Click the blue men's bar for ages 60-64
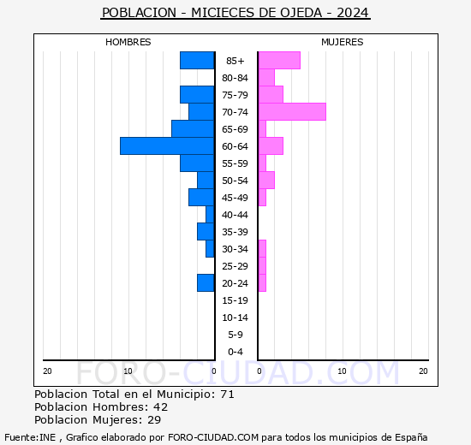pyautogui.click(x=167, y=146)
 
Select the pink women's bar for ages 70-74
pyautogui.click(x=292, y=112)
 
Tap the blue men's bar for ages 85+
pyautogui.click(x=197, y=61)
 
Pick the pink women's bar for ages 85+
pyautogui.click(x=279, y=61)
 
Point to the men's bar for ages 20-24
pyautogui.click(x=206, y=283)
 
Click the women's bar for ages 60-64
pyautogui.click(x=271, y=146)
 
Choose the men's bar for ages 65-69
pyautogui.click(x=193, y=129)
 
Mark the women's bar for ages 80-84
pyautogui.click(x=266, y=78)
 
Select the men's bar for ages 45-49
pyautogui.click(x=201, y=198)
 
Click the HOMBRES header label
pyautogui.click(x=128, y=42)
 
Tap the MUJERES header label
pyautogui.click(x=343, y=42)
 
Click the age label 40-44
pyautogui.click(x=235, y=215)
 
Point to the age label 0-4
pyautogui.click(x=235, y=352)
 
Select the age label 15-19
pyautogui.click(x=235, y=300)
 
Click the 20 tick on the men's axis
pyautogui.click(x=47, y=371)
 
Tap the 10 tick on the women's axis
pyautogui.click(x=342, y=371)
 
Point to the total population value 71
pyautogui.click(x=227, y=395)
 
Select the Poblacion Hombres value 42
pyautogui.click(x=160, y=407)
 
